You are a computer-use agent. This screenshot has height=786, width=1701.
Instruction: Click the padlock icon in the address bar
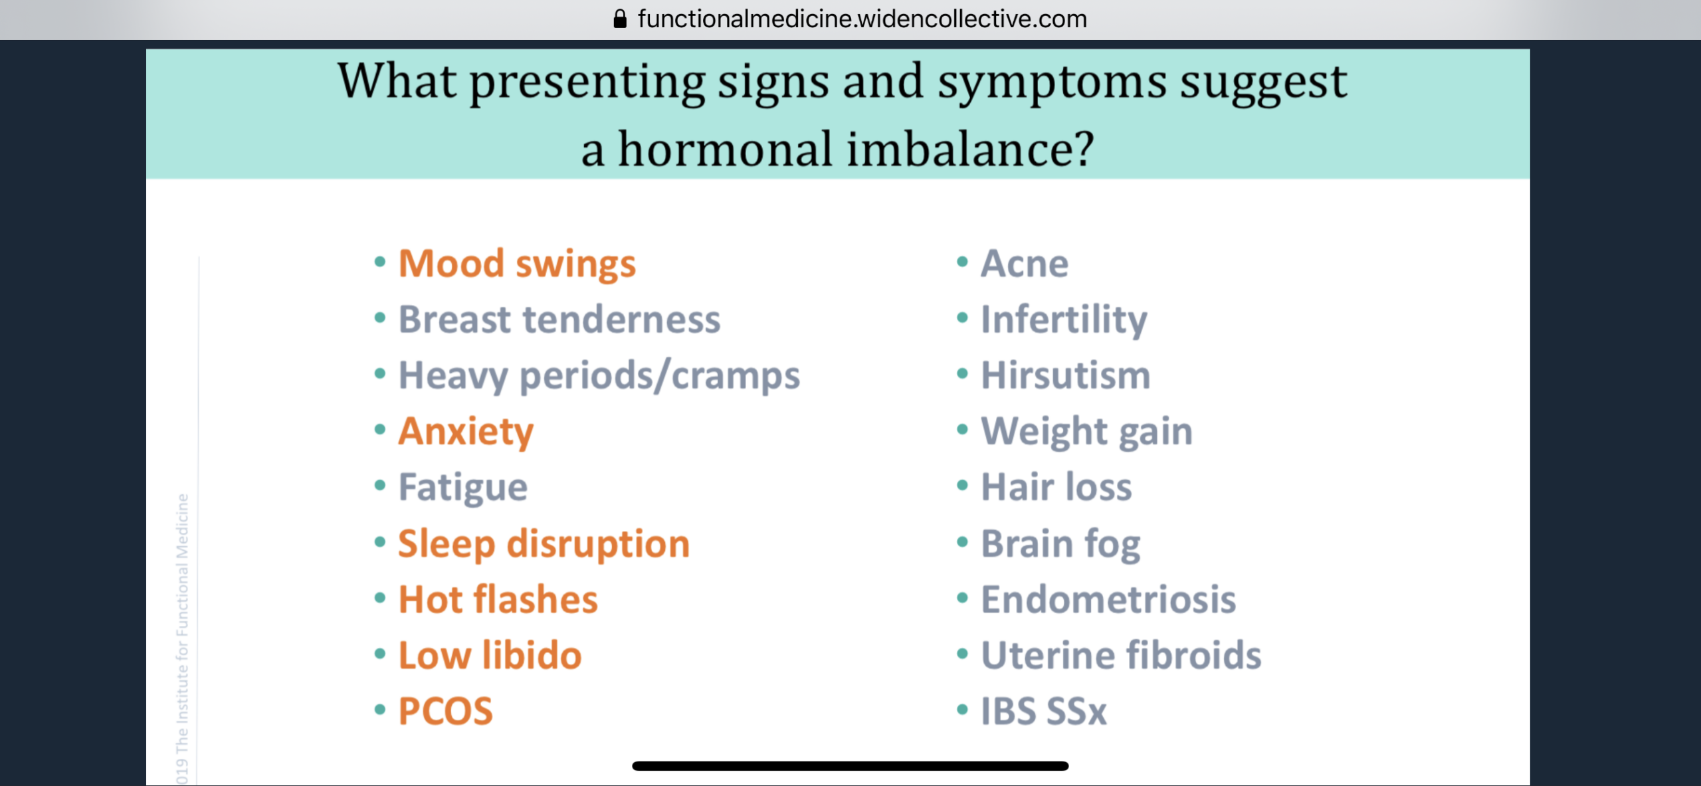(620, 19)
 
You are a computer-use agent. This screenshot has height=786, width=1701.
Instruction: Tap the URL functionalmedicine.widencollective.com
(862, 19)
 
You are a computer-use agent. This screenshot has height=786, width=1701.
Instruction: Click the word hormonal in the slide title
(726, 149)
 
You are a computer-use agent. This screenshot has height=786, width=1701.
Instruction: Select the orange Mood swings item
(517, 264)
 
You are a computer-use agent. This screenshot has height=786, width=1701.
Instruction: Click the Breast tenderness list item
(559, 320)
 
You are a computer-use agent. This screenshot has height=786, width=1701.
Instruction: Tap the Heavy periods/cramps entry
(599, 376)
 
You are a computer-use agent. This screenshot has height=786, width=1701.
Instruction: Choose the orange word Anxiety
(466, 432)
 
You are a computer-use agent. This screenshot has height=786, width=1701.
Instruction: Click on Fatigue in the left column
(463, 488)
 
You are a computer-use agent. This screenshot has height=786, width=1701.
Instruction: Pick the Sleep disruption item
(544, 544)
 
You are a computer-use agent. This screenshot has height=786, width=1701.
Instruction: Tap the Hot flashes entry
(498, 599)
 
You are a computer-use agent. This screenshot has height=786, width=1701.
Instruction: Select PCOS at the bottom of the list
(446, 711)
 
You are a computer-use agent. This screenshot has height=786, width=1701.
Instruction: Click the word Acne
(1025, 264)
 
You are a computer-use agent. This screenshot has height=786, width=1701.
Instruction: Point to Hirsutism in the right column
(1066, 375)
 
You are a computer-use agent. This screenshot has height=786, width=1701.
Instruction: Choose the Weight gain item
(1087, 432)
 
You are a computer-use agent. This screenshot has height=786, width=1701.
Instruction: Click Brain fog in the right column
(1061, 544)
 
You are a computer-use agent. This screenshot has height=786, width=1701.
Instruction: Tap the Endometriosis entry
(1108, 599)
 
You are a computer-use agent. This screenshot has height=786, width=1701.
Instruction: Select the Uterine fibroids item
(1121, 655)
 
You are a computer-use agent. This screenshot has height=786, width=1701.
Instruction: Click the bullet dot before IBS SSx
(962, 710)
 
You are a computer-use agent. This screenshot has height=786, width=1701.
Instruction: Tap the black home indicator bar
(850, 766)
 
